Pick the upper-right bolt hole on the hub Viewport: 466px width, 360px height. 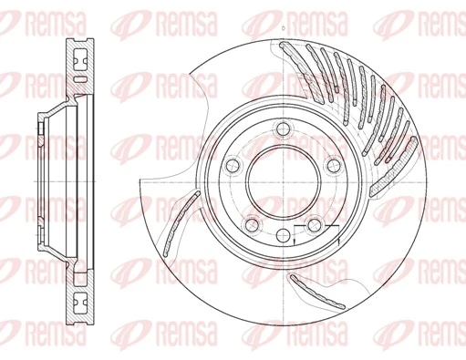[333, 165]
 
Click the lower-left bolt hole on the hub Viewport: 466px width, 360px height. [251, 225]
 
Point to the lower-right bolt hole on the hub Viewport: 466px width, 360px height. [314, 225]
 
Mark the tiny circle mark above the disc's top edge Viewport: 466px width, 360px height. [282, 30]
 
